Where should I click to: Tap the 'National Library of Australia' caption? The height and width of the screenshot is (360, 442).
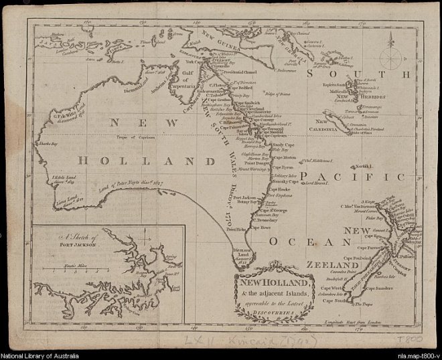coord(40,355)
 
